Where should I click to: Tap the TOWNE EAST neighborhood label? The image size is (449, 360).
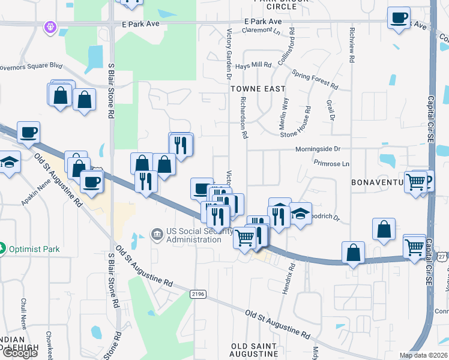(x=258, y=88)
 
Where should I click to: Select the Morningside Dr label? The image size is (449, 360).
(x=318, y=149)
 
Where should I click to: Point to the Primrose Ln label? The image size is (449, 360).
(x=331, y=163)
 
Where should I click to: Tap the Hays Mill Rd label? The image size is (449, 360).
(x=254, y=65)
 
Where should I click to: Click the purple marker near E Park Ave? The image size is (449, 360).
(x=49, y=26)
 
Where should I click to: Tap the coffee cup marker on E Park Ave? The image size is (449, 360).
(x=398, y=18)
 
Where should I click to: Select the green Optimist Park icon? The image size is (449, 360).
(x=3, y=247)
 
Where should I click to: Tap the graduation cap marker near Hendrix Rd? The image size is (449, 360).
(x=301, y=213)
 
